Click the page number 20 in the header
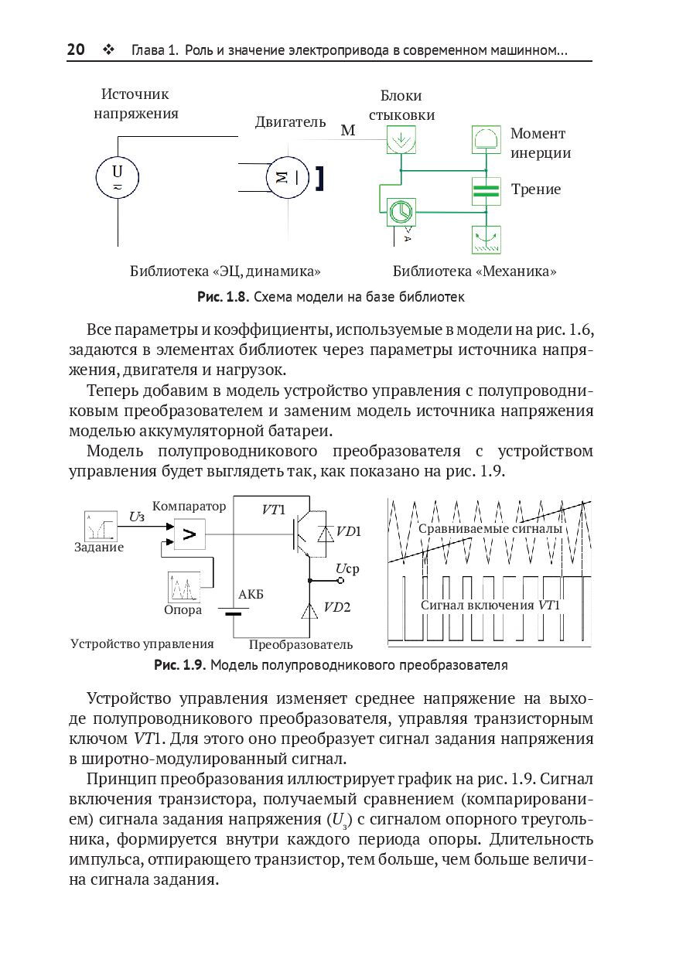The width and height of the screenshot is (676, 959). point(76,50)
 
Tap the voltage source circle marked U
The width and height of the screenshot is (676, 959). point(117,177)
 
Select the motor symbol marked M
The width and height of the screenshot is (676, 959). point(287,177)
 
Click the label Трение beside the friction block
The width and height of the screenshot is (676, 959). point(536,189)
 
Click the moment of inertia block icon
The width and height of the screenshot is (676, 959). point(487,140)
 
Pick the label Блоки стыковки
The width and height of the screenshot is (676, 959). point(401,105)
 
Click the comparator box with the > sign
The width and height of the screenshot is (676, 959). point(189,533)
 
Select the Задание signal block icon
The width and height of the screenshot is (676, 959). point(101,525)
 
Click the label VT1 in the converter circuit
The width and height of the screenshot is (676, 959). point(274,509)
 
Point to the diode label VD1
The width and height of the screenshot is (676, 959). point(350,531)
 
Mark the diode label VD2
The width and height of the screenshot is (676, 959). point(337,607)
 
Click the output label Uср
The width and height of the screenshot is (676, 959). point(347,569)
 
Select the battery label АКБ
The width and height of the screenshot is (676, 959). point(251,594)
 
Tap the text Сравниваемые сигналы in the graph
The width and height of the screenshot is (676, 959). point(490,529)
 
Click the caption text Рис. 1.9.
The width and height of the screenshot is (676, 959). point(179,664)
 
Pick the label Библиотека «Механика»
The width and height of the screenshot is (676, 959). point(475,271)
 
